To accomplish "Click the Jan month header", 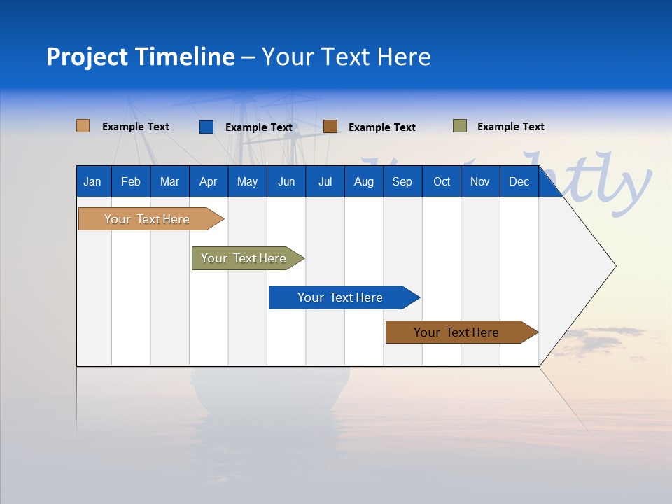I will pos(92,181).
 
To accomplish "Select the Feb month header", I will pos(131,181).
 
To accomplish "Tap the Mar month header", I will pos(169,181).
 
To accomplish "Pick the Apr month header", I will pos(208,181).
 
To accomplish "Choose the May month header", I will pos(247,181).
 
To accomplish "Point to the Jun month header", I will pos(286,181).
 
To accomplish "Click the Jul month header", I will pos(325,181).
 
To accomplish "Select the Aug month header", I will pos(364,181).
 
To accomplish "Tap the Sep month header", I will pos(402,181).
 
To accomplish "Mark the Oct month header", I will pos(442,181).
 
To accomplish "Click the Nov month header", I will pos(480,181).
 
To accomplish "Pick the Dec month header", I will pos(519,181).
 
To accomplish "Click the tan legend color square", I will pos(83,126).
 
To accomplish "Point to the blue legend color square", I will pos(206,127).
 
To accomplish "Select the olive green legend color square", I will pos(460,126).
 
